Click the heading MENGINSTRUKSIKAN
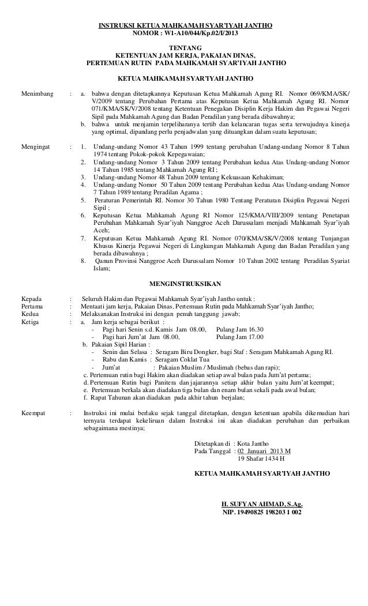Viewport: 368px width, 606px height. click(x=184, y=284)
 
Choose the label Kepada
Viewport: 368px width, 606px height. click(x=31, y=299)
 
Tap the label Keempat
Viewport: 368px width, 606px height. click(x=34, y=414)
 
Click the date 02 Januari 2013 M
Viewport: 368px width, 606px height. click(x=265, y=451)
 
